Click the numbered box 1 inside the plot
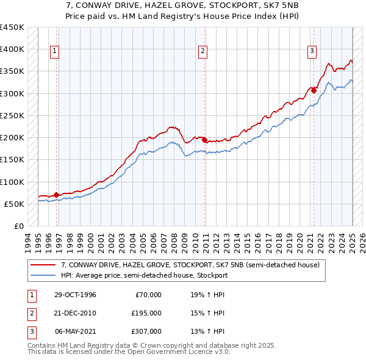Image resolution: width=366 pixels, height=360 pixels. click(55, 51)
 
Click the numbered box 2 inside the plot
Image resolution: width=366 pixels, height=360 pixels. click(203, 51)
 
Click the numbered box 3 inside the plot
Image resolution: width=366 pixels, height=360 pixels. click(312, 51)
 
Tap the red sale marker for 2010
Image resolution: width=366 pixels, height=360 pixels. click(204, 139)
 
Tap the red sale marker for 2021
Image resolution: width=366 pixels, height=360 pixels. click(314, 90)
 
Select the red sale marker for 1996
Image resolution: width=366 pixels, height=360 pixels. click(57, 195)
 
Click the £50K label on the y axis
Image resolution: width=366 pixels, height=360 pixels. click(14, 204)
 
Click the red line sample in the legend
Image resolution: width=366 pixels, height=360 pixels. click(44, 265)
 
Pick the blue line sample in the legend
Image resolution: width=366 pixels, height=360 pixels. click(44, 275)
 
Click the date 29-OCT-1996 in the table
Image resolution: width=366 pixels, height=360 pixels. click(76, 295)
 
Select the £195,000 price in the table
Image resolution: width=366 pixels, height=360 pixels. click(147, 313)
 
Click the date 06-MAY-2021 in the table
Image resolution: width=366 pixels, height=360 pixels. click(76, 331)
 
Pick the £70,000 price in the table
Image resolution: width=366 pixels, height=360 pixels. click(149, 295)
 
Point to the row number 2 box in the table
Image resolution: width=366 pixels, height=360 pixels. click(30, 313)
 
